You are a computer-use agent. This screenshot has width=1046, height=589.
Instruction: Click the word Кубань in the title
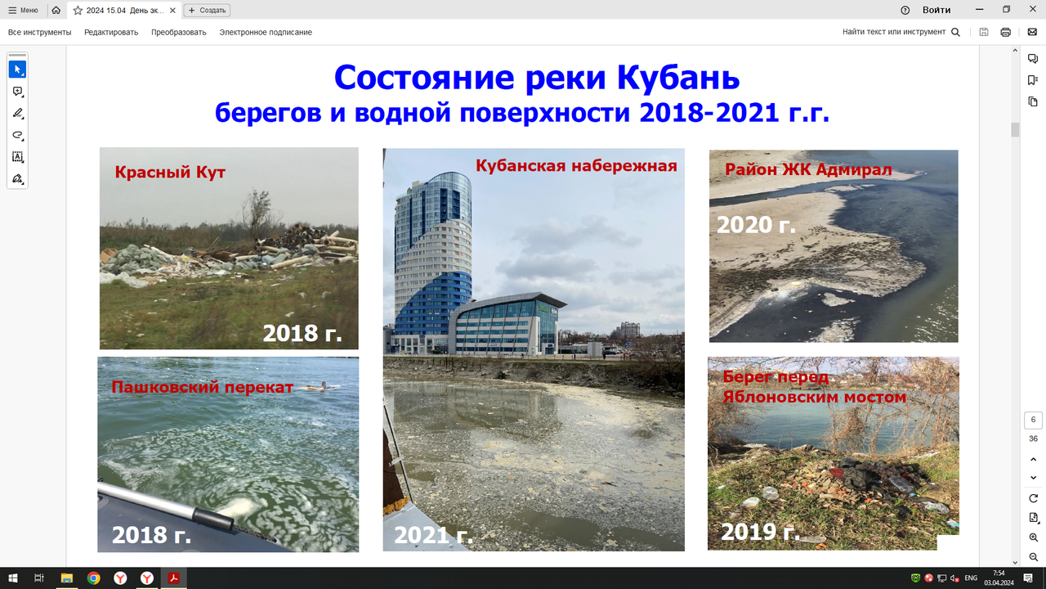[678, 77]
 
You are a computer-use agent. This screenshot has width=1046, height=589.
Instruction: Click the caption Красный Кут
[170, 173]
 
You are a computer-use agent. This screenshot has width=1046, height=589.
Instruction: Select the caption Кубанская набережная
[576, 165]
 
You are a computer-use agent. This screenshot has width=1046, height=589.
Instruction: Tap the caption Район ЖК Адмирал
[808, 169]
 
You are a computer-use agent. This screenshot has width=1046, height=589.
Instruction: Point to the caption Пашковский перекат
[202, 387]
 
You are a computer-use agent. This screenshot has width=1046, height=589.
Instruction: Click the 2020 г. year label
[756, 225]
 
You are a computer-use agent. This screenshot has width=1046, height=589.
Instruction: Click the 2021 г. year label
[433, 535]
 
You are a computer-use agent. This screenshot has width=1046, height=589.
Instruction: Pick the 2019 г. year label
[760, 531]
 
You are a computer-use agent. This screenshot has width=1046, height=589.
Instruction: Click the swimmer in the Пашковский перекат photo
[320, 386]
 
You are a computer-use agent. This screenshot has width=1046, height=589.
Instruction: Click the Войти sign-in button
[936, 11]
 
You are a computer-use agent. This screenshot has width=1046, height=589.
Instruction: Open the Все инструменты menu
[40, 32]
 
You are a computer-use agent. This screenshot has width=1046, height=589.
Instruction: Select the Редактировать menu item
[111, 32]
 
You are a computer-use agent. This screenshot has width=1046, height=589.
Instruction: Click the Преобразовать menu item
[178, 32]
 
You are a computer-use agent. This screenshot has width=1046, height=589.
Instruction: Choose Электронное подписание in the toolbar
[266, 32]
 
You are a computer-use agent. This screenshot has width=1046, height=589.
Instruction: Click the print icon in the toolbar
[1005, 32]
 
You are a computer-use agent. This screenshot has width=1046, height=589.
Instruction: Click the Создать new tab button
[207, 11]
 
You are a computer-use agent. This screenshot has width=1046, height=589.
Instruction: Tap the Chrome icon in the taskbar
[93, 578]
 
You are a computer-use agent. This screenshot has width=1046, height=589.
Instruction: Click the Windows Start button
[13, 578]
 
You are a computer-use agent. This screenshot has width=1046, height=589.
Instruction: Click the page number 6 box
[1033, 420]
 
